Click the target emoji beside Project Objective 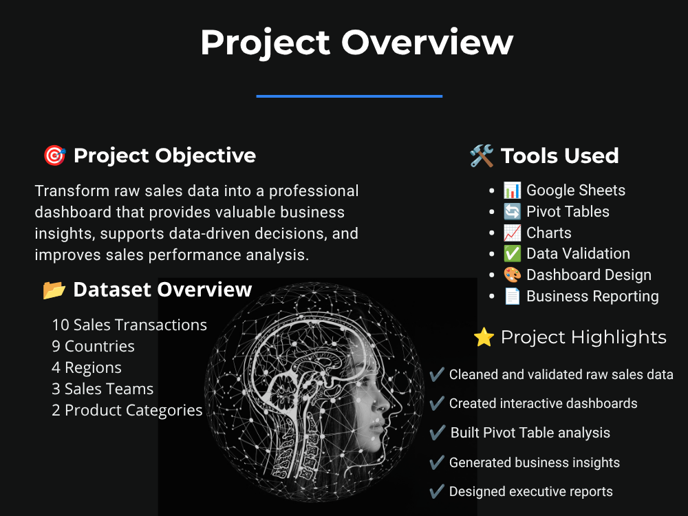pos(55,155)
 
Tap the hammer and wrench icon pos(482,155)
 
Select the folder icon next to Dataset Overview pos(54,290)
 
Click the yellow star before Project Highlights pos(484,337)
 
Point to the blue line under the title pos(350,96)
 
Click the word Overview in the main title pos(427,43)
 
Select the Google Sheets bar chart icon pos(512,191)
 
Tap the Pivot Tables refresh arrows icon pos(512,211)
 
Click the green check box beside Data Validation pos(512,254)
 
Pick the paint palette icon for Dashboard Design pos(512,275)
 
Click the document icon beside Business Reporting pos(512,296)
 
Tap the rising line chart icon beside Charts pos(512,233)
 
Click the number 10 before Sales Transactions pos(61,325)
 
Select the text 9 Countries pos(93,346)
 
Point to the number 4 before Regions pos(56,367)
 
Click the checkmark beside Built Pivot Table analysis pos(437,433)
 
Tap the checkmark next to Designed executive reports pos(437,491)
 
